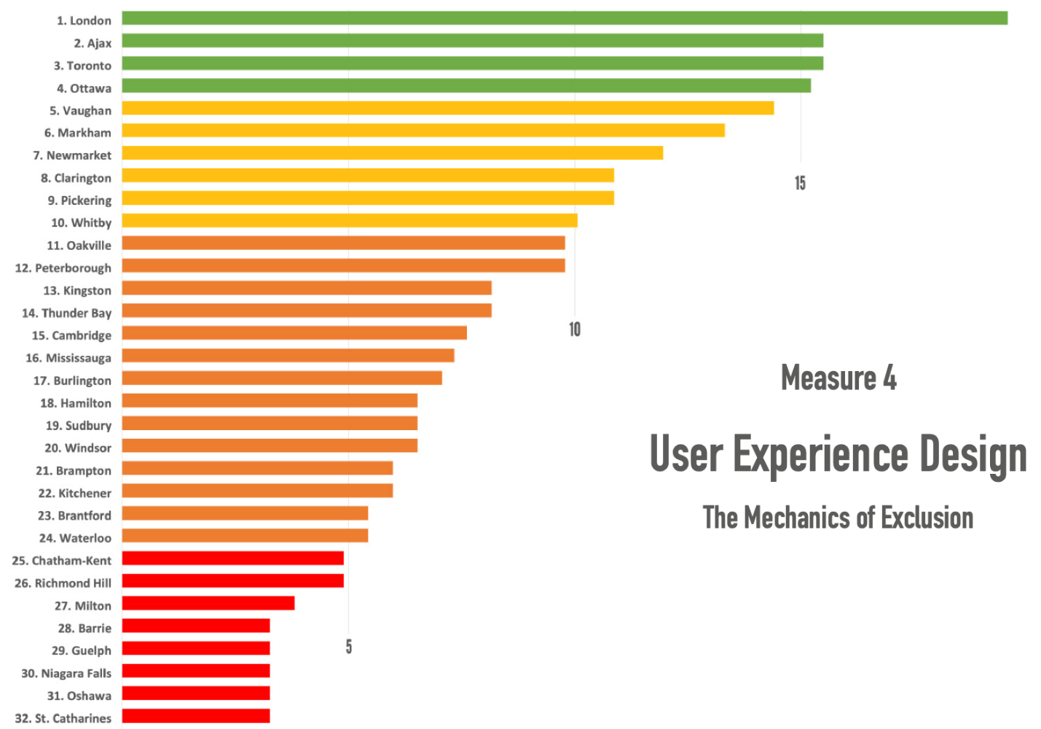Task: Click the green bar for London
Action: coord(565,18)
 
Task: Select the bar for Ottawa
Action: coord(466,86)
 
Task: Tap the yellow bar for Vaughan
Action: coord(448,109)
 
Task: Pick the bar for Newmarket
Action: coord(393,153)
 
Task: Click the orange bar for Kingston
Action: coord(307,288)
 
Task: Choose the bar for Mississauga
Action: coord(288,356)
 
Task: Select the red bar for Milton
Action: coord(208,603)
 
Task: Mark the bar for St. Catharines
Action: coord(196,716)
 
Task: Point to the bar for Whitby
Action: coord(350,220)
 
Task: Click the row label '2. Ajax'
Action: coord(93,43)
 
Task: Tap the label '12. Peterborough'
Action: coord(63,268)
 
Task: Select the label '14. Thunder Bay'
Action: coord(66,313)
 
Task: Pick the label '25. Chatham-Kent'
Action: coord(62,561)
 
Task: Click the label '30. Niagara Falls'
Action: coord(66,674)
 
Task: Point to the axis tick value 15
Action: coord(800,183)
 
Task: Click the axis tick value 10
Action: coord(575,330)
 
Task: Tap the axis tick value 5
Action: coord(349,647)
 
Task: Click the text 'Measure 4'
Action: coord(838,378)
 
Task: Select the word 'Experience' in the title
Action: coord(820,454)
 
